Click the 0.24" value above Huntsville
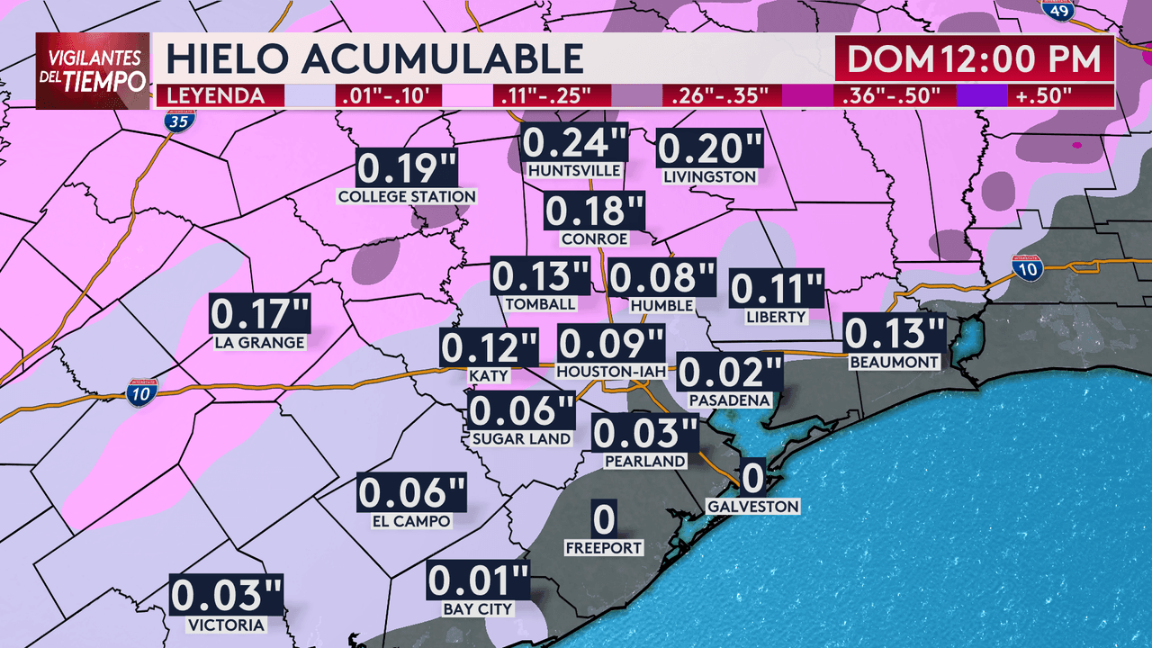click(575, 144)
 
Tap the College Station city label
click(407, 196)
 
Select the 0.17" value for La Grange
click(260, 316)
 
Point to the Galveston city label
click(752, 507)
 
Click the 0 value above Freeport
click(604, 518)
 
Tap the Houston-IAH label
click(611, 372)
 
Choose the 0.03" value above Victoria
click(227, 597)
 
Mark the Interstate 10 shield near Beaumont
click(1026, 267)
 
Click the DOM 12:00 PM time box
click(974, 59)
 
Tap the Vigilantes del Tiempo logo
click(93, 70)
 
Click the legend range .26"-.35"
click(716, 95)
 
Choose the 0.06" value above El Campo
click(411, 493)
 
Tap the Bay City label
click(477, 609)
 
